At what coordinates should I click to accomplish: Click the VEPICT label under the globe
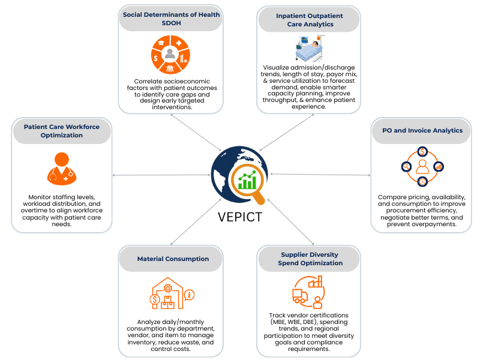click(240, 217)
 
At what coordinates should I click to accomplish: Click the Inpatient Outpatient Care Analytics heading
click(309, 19)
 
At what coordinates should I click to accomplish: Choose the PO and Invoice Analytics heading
click(422, 130)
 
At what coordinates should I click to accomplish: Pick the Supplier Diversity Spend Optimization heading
click(310, 258)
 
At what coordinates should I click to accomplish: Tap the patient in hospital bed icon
click(310, 49)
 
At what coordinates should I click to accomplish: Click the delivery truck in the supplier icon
click(300, 295)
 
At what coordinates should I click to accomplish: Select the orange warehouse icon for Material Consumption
click(167, 293)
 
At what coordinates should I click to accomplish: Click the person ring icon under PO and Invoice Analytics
click(422, 166)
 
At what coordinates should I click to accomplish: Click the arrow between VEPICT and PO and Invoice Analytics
click(321, 175)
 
